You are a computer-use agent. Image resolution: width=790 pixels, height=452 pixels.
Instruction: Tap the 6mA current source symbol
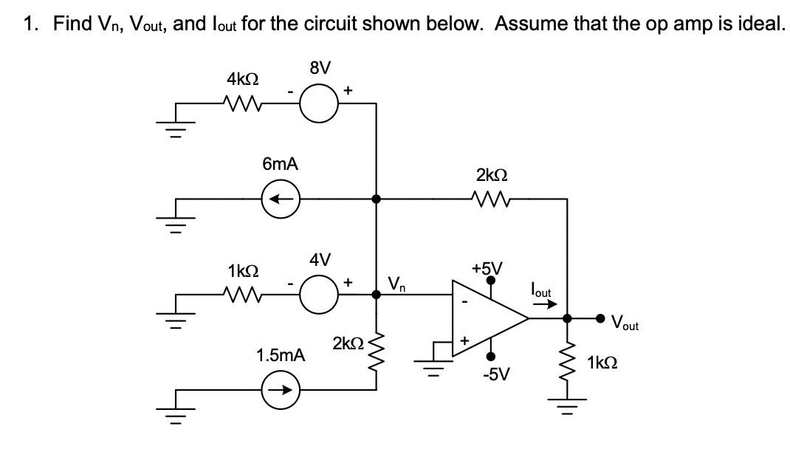281,199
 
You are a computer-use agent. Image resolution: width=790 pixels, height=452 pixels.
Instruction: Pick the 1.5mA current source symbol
281,391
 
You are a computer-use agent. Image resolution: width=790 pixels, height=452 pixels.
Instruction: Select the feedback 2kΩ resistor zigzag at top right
491,199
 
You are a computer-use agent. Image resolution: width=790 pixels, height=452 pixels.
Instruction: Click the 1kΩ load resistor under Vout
567,362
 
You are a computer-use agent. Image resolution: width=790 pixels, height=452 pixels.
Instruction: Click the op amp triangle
487,318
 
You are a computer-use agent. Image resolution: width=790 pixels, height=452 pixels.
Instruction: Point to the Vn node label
396,283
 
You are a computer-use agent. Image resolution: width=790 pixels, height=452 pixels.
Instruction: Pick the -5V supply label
495,374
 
